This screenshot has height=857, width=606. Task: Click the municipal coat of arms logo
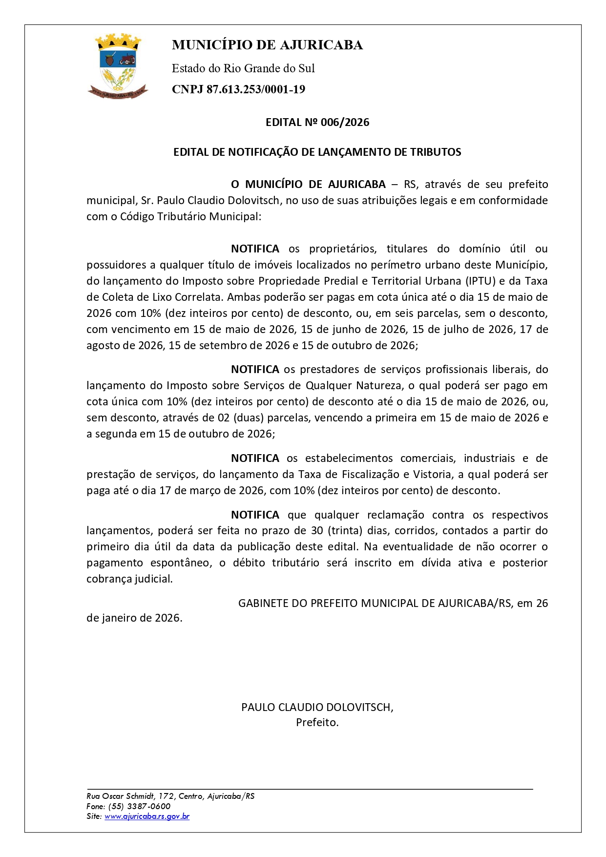(118, 66)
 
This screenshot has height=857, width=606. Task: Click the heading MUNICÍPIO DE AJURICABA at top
(267, 45)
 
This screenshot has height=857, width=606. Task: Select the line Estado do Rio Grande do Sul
(243, 68)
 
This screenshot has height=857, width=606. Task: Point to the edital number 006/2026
(345, 122)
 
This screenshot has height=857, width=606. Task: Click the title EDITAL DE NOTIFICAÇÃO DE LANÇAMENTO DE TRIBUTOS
(317, 152)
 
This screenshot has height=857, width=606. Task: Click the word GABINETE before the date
(263, 603)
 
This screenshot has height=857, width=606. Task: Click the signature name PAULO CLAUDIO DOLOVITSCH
(317, 707)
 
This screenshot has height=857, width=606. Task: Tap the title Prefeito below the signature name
(316, 722)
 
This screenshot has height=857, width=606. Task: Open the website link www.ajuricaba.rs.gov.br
(147, 816)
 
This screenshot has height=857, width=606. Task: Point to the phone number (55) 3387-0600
(139, 806)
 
